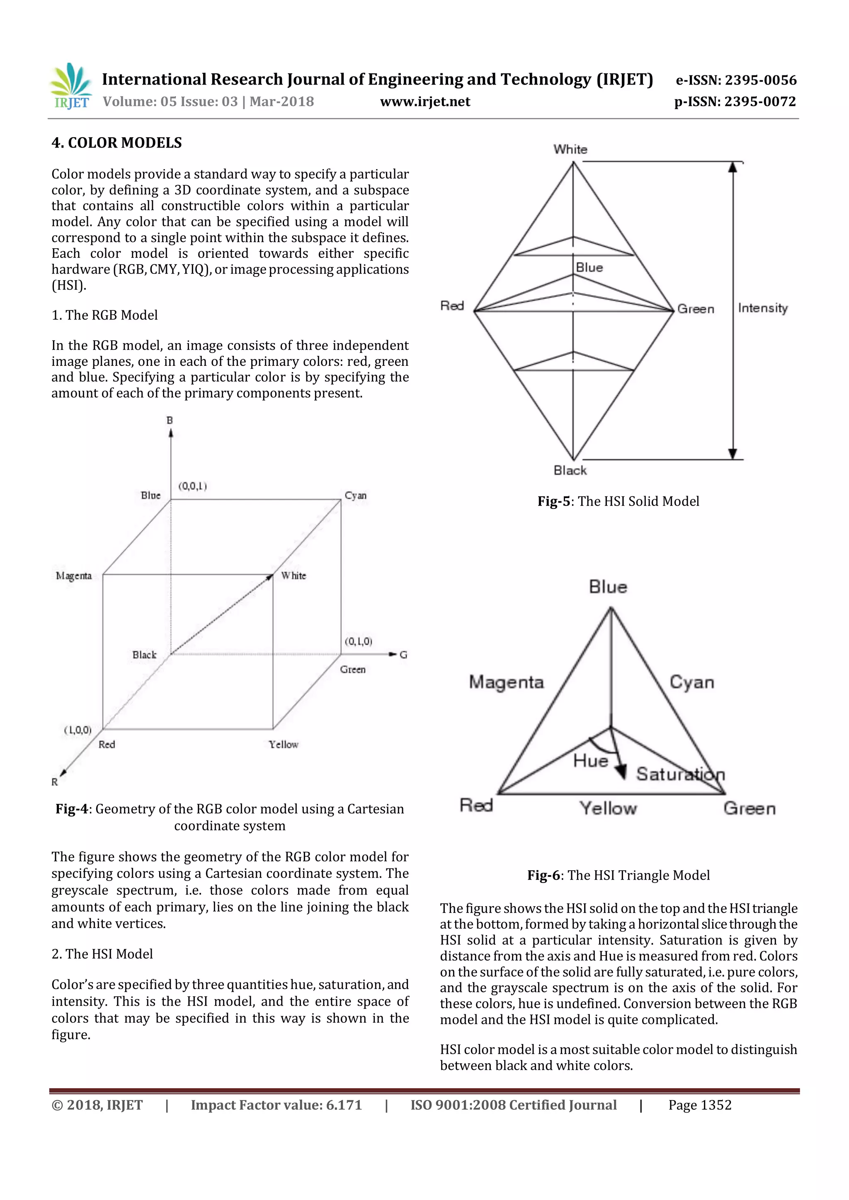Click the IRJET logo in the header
[70, 86]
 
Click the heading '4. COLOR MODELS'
[116, 143]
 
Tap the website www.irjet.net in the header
[425, 102]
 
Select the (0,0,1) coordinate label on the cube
[192, 486]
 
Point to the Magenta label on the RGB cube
[74, 576]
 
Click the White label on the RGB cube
[293, 576]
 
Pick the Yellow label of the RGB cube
[284, 744]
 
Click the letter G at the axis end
[403, 654]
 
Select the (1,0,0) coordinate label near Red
[78, 730]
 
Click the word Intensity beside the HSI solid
[762, 308]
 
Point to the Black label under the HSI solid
[570, 470]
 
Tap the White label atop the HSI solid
[570, 150]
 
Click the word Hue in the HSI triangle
[590, 761]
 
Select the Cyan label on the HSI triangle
[691, 682]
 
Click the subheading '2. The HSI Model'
[102, 954]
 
